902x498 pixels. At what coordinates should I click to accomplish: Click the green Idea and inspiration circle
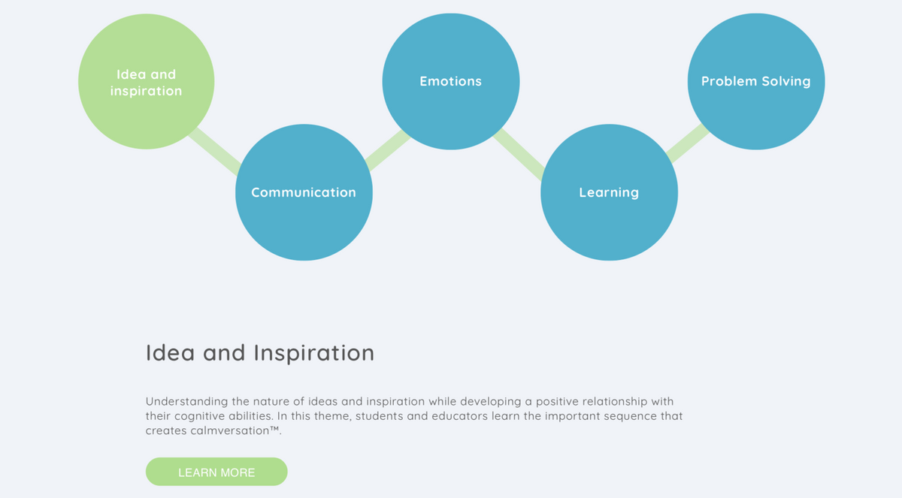pos(146,82)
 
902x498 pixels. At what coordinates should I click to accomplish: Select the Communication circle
pos(304,192)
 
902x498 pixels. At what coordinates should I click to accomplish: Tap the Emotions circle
pos(451,82)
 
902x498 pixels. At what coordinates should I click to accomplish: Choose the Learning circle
pos(610,192)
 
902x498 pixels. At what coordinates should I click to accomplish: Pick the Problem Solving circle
pos(756,82)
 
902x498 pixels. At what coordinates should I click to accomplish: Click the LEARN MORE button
pos(216,472)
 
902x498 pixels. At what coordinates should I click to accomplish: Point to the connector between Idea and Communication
pos(215,151)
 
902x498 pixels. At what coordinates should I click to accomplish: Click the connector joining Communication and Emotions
pos(388,149)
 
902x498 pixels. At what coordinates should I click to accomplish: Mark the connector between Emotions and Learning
pos(519,154)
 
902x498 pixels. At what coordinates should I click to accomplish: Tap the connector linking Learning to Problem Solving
pos(687,143)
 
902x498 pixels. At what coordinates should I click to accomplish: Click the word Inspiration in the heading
pos(314,353)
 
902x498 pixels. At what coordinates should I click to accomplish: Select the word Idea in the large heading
pos(171,353)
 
